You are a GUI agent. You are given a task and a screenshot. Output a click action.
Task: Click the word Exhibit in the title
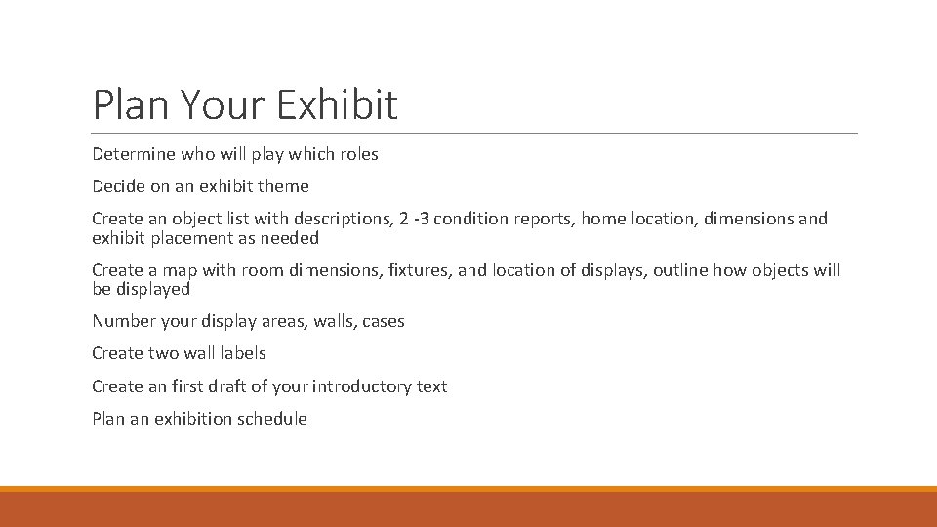(x=337, y=104)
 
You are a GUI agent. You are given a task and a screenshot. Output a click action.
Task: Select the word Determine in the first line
(x=133, y=154)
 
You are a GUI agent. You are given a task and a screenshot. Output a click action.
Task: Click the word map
(x=180, y=270)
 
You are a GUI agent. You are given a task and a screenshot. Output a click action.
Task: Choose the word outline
(x=682, y=270)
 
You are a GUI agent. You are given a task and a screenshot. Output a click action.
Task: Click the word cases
(x=383, y=321)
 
